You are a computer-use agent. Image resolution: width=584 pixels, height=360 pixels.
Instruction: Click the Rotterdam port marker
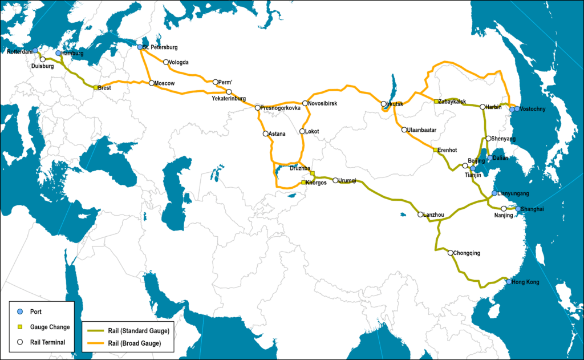point(35,51)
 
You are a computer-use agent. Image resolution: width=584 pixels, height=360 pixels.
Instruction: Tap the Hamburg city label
point(72,54)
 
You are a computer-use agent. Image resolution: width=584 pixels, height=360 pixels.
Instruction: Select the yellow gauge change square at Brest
point(96,87)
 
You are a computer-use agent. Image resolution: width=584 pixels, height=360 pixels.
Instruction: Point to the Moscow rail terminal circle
point(151,83)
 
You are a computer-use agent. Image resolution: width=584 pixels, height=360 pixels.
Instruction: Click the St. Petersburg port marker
point(140,47)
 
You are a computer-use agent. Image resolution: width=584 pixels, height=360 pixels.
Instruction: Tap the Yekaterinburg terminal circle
point(229,92)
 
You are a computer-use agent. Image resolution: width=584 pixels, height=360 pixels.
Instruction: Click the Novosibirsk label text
point(323,103)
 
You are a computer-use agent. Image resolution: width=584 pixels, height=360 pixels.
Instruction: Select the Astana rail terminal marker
point(266,134)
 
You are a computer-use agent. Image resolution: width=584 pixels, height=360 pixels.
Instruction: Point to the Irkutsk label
point(395,104)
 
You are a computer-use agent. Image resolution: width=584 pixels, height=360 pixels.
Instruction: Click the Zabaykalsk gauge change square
point(436,102)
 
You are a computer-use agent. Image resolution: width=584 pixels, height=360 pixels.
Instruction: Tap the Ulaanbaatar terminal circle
point(404,130)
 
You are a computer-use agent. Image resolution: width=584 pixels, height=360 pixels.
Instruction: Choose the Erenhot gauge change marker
point(436,150)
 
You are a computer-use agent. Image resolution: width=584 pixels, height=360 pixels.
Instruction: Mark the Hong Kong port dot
point(508,281)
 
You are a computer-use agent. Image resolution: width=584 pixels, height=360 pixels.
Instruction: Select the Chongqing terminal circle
point(451,253)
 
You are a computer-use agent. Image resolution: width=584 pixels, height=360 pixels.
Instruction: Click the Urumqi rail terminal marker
point(335,180)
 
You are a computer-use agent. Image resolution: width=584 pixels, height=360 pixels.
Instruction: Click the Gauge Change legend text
point(50,327)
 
